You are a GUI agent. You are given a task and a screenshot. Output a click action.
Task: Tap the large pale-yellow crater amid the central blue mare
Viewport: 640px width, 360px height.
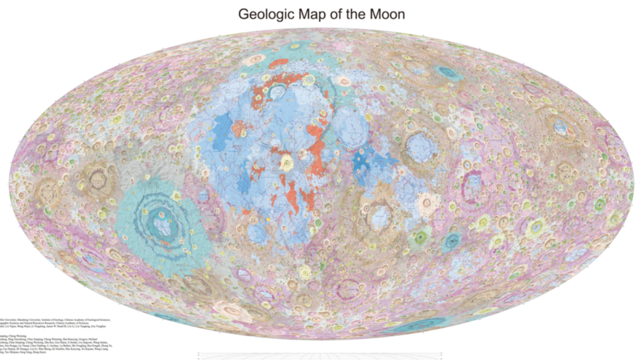(287, 162)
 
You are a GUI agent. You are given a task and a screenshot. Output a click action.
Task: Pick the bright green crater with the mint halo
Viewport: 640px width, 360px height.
(421, 237)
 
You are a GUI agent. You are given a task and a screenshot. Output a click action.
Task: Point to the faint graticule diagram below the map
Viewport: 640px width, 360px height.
(320, 355)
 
